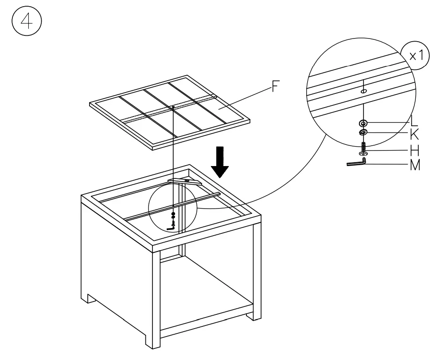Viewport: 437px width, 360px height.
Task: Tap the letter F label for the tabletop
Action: pyautogui.click(x=276, y=87)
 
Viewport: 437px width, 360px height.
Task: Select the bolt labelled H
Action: pyautogui.click(x=363, y=148)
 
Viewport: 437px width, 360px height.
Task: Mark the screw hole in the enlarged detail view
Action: pyautogui.click(x=363, y=91)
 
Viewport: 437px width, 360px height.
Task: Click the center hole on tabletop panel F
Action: pyautogui.click(x=173, y=107)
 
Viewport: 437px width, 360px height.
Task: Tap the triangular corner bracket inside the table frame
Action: pyautogui.click(x=184, y=181)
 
